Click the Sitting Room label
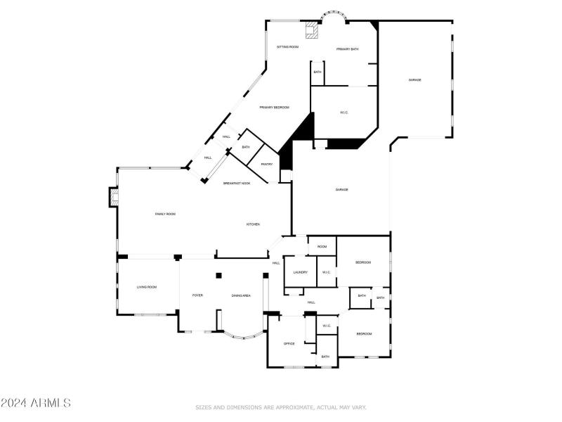(x=287, y=46)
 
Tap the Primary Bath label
(x=347, y=49)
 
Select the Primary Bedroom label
(x=274, y=108)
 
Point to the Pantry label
(x=266, y=165)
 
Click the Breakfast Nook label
(x=237, y=184)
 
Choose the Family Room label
(x=165, y=214)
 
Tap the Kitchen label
(x=253, y=224)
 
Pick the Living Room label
(x=146, y=287)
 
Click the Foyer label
(x=197, y=295)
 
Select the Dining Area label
(x=241, y=295)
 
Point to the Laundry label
(x=300, y=272)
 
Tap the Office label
(x=289, y=344)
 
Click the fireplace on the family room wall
(x=112, y=197)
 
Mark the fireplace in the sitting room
(x=311, y=30)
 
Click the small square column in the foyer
(x=219, y=275)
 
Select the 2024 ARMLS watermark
(x=36, y=403)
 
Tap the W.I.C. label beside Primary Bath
(x=344, y=113)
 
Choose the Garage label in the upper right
(x=415, y=80)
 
